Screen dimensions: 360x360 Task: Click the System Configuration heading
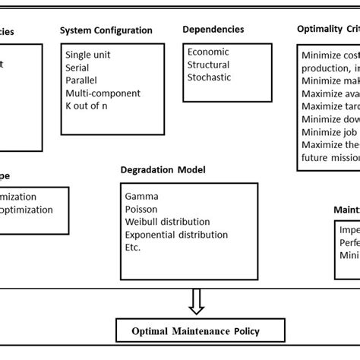point(106,30)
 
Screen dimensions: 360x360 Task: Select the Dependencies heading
point(213,29)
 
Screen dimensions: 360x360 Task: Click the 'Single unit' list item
point(88,55)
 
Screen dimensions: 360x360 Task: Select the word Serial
point(77,68)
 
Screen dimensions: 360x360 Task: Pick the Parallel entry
point(81,80)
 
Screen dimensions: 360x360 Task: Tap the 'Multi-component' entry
point(103,93)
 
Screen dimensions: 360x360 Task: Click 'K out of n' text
point(87,106)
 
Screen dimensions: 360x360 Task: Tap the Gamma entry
point(142,195)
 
